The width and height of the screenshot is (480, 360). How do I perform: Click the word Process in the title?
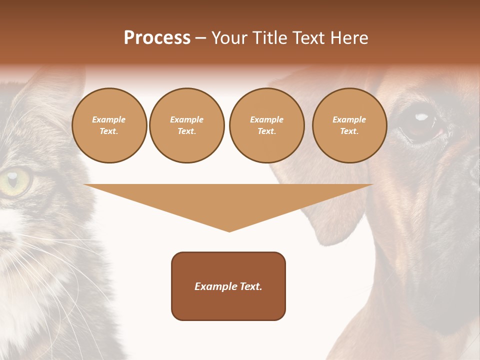click(x=157, y=38)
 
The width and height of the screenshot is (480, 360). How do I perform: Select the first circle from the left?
click(x=109, y=125)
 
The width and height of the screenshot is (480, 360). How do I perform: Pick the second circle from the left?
click(x=186, y=125)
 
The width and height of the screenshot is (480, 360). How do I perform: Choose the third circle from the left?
click(x=266, y=125)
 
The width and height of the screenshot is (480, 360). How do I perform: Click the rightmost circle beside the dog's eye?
click(x=349, y=125)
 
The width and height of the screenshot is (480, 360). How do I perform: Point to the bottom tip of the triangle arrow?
click(x=229, y=230)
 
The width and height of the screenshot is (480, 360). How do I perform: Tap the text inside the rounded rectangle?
click(x=228, y=286)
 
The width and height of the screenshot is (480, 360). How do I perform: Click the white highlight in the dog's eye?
click(x=422, y=117)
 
